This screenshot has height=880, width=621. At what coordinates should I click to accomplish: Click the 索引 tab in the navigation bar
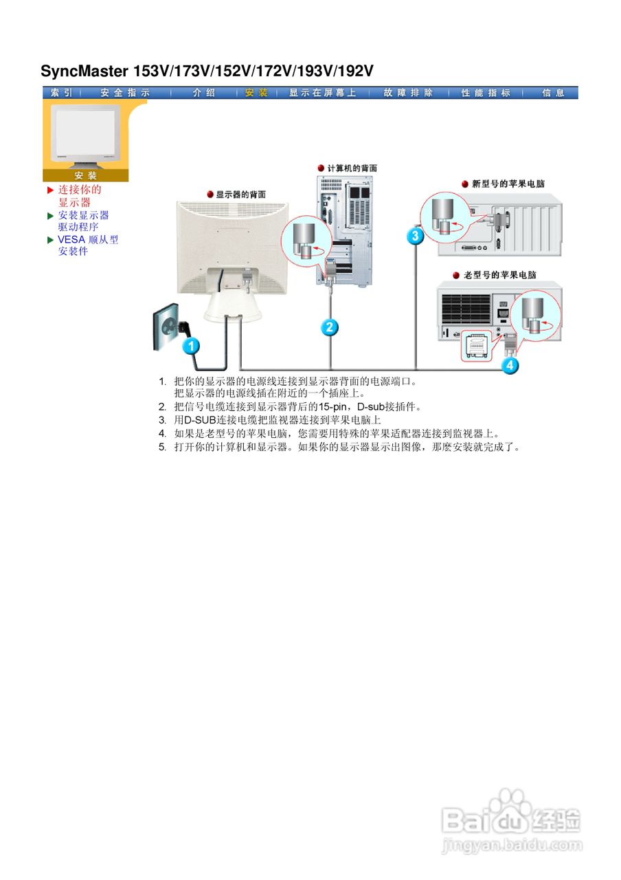(x=61, y=93)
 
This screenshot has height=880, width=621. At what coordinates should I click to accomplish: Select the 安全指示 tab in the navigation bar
(x=124, y=93)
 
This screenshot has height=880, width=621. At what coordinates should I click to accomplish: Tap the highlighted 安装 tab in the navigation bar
(x=256, y=93)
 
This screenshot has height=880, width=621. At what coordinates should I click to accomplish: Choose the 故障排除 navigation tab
(x=408, y=93)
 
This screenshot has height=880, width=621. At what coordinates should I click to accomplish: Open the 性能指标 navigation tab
(x=486, y=93)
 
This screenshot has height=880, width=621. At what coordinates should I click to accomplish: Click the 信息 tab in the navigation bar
(x=553, y=93)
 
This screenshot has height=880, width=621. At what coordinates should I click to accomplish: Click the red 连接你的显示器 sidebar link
(x=79, y=196)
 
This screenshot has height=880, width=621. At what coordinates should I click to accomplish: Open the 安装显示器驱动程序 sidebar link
(x=83, y=221)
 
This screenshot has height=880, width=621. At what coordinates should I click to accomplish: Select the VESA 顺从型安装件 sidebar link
(x=87, y=245)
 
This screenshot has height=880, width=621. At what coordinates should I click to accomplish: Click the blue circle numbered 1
(x=191, y=346)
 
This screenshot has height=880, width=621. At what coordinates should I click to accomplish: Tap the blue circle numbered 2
(x=330, y=327)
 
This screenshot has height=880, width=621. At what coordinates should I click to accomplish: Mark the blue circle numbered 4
(x=510, y=365)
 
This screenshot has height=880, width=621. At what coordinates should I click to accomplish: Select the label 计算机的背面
(x=351, y=168)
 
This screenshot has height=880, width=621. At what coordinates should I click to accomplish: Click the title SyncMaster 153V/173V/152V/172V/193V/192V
(x=207, y=71)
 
